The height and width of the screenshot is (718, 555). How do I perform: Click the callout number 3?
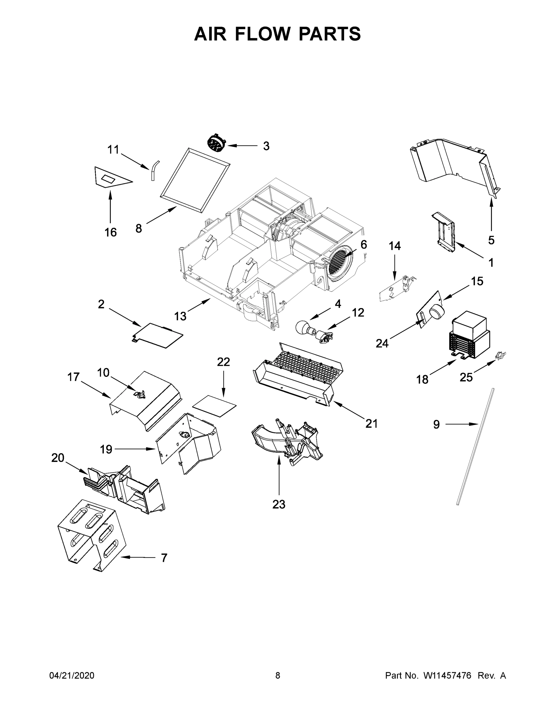pos(266,146)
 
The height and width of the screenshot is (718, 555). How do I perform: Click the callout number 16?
pos(110,232)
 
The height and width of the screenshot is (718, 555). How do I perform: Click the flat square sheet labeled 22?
pos(215,406)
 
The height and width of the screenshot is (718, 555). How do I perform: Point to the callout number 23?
pos(279,504)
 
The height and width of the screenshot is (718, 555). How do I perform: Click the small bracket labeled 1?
pos(445,232)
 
